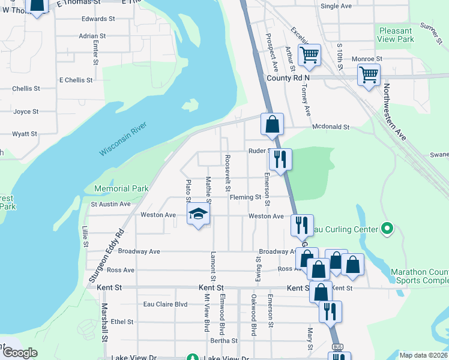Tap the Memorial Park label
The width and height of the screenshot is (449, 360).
[x=121, y=188]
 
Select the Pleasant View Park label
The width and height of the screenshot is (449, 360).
[x=396, y=35]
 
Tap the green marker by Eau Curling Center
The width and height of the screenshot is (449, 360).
[x=387, y=229]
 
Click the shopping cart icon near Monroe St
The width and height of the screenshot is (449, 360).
[x=368, y=75]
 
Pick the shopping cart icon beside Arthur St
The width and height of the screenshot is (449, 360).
[x=309, y=55]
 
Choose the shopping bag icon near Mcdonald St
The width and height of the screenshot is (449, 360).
[x=273, y=124]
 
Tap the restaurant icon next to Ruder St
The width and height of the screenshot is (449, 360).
[x=280, y=159]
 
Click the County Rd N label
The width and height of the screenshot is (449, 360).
[x=288, y=78]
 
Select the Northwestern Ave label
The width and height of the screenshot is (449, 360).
[x=394, y=112]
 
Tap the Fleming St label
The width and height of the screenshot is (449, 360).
[x=245, y=197]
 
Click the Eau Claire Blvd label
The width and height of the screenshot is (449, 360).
[x=165, y=304]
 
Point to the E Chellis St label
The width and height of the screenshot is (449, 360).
[x=76, y=80]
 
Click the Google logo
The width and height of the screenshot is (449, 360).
[x=20, y=353]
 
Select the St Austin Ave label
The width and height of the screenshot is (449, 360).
[x=110, y=204]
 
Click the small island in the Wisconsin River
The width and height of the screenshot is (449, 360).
[x=190, y=104]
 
